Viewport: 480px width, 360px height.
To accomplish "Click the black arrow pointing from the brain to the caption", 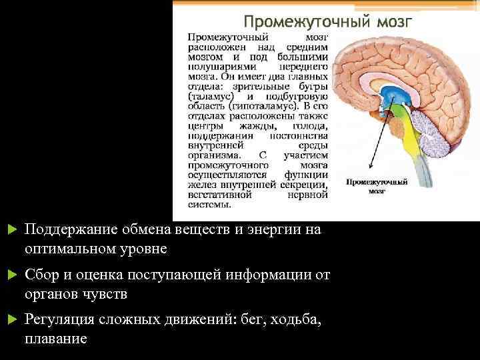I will pyautogui.click(x=377, y=141).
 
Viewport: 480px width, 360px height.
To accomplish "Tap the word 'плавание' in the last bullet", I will pyautogui.click(x=55, y=339).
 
